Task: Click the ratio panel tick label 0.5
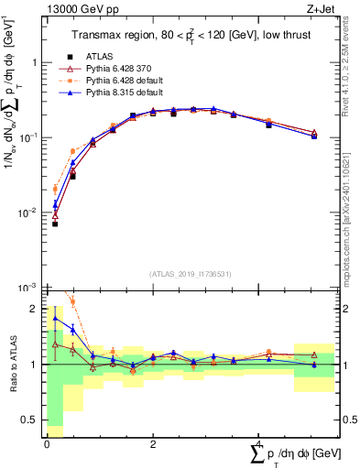30,420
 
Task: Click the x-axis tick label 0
46,444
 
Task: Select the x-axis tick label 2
152,444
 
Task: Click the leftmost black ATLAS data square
55,224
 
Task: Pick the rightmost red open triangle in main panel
314,133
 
